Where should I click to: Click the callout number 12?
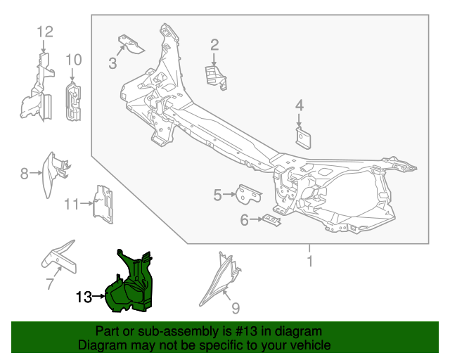point(45,32)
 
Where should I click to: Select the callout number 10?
point(74,60)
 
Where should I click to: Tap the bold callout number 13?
point(84,297)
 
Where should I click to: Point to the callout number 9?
point(236,308)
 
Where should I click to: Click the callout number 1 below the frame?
point(309,261)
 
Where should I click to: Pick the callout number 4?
point(300,105)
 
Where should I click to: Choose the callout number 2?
point(214,45)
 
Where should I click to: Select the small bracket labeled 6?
point(271,220)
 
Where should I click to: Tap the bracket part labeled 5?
point(248,195)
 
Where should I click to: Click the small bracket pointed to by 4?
point(303,138)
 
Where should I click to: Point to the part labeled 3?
point(131,44)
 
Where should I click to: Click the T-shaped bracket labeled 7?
point(59,257)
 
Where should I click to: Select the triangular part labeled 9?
point(220,279)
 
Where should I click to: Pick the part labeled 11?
point(103,205)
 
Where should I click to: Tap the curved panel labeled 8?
point(56,174)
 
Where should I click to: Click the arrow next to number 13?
point(99,296)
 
